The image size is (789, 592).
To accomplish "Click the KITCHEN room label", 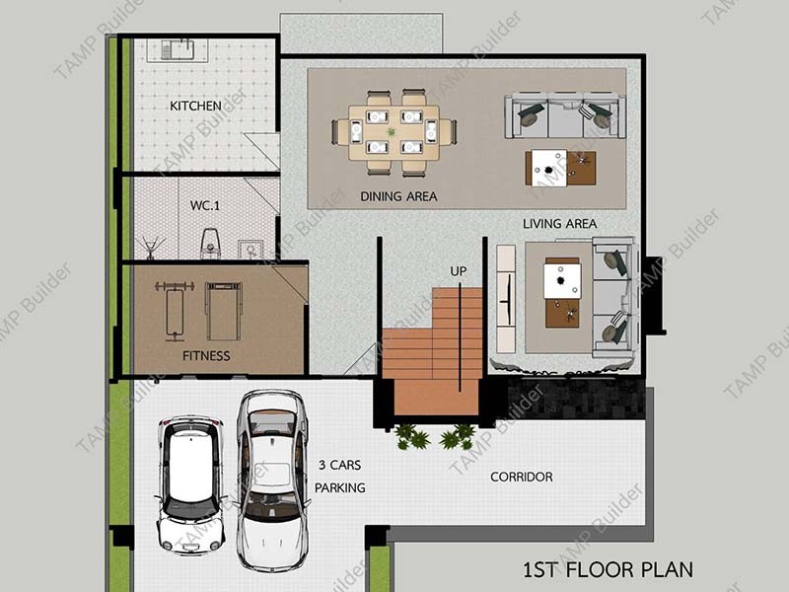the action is pyautogui.click(x=195, y=106).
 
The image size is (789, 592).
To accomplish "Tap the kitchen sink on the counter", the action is pyautogui.click(x=178, y=50).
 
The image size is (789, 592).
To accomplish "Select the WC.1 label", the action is pyautogui.click(x=205, y=205).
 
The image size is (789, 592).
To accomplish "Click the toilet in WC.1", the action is pyautogui.click(x=210, y=244).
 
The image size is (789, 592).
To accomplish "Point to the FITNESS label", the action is pyautogui.click(x=206, y=356).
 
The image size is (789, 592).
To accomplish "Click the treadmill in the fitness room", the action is pyautogui.click(x=224, y=311).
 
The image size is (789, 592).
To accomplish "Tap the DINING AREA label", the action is pyautogui.click(x=398, y=196).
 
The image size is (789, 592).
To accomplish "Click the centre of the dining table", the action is pyautogui.click(x=394, y=132).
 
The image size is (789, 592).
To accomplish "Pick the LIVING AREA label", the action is pyautogui.click(x=559, y=224).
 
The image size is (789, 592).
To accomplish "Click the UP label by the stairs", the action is pyautogui.click(x=458, y=271).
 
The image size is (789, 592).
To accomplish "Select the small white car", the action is pyautogui.click(x=190, y=484).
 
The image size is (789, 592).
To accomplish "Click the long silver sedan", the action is pyautogui.click(x=273, y=481).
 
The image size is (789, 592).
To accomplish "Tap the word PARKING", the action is pyautogui.click(x=340, y=487).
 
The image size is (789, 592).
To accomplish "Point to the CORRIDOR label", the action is pyautogui.click(x=522, y=477).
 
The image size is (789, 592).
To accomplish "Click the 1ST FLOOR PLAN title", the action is pyautogui.click(x=608, y=570).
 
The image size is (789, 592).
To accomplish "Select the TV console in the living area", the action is pyautogui.click(x=506, y=299).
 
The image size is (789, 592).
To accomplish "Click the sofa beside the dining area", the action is pyautogui.click(x=565, y=115).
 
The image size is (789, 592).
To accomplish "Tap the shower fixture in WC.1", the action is pyautogui.click(x=150, y=248).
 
